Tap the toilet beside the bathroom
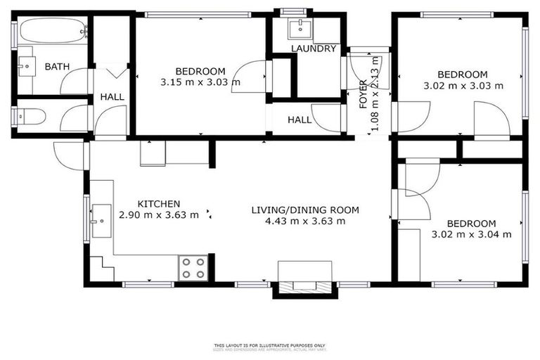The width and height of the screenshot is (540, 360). [32, 116]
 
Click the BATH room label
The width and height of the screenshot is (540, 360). [57, 67]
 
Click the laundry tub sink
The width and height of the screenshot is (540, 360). [304, 27]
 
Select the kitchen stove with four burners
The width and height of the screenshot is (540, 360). [193, 267]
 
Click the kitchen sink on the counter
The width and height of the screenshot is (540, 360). [101, 221]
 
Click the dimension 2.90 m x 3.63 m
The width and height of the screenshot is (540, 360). [159, 214]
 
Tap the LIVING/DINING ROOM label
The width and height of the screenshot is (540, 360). [305, 210]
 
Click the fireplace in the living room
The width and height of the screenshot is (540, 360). [304, 280]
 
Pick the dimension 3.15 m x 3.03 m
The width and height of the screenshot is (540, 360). [200, 82]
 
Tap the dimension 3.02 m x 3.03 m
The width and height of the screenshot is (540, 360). [462, 86]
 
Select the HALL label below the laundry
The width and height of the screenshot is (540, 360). [300, 120]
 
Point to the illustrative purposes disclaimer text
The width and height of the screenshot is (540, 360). [269, 346]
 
